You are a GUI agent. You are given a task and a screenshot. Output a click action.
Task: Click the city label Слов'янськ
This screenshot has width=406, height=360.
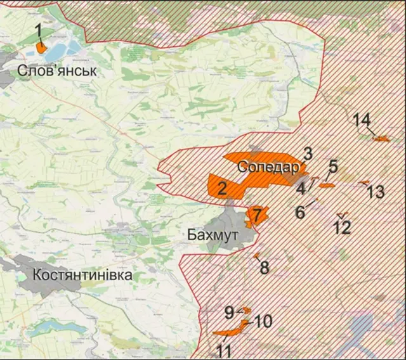(x=58, y=70)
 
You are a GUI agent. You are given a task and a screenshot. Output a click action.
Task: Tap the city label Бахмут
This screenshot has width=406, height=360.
(x=213, y=235)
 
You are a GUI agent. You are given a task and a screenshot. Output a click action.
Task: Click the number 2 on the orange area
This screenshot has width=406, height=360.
(x=222, y=188)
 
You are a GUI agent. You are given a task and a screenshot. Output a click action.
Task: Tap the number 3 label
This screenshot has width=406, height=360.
(x=308, y=153)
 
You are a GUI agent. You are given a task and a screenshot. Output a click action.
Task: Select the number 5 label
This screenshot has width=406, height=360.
(x=333, y=168)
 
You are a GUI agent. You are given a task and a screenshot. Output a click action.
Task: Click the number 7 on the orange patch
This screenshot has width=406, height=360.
(x=256, y=215)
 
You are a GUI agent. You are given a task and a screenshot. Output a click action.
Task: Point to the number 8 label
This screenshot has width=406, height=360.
(x=264, y=267)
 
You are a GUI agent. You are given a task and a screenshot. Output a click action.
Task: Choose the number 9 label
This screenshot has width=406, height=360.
(x=229, y=311)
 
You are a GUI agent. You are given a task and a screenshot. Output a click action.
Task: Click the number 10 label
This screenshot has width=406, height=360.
(x=263, y=321)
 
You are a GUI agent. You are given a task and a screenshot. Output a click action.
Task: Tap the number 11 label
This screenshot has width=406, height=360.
(x=224, y=350)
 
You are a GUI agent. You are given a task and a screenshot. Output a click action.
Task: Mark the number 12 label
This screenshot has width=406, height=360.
(x=342, y=227)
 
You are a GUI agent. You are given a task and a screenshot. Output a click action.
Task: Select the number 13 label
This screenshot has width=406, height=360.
(x=376, y=191)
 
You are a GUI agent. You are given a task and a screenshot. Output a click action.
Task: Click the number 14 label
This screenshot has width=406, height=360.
(x=362, y=120)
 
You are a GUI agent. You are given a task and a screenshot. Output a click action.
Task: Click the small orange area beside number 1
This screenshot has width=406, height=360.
(x=41, y=48)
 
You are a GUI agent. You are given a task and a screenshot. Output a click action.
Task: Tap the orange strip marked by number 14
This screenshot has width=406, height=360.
(x=381, y=138)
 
